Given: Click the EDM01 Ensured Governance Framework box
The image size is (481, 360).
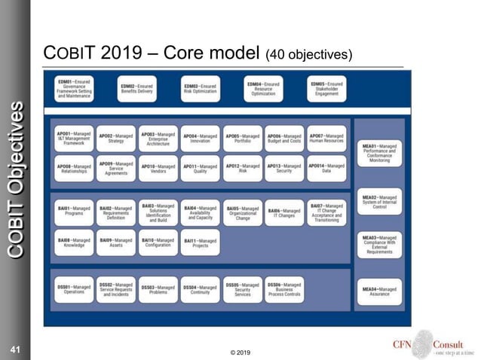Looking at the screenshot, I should (x=74, y=89).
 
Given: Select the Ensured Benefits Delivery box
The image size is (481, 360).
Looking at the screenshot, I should (x=137, y=89).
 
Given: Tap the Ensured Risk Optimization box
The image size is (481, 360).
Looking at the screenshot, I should (x=201, y=89).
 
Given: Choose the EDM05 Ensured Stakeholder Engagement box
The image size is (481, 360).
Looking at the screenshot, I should (x=327, y=89).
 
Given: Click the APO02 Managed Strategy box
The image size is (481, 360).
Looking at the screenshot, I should (x=116, y=138).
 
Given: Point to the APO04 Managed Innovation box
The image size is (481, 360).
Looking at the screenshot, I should (x=200, y=138).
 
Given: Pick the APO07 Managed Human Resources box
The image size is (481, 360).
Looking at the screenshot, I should (x=326, y=138).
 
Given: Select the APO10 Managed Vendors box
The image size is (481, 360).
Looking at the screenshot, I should (x=158, y=169).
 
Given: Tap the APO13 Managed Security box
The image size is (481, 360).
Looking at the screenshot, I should (x=284, y=169).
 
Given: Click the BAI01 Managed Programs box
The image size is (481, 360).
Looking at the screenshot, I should (x=74, y=212).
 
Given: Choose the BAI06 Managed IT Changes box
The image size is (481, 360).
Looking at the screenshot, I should (x=284, y=212).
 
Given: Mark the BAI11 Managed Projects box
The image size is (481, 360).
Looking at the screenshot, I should (x=200, y=243).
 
